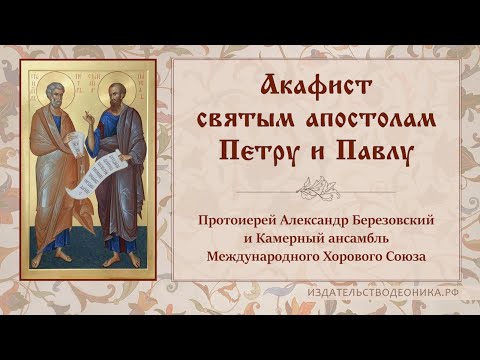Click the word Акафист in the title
point(312,85)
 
